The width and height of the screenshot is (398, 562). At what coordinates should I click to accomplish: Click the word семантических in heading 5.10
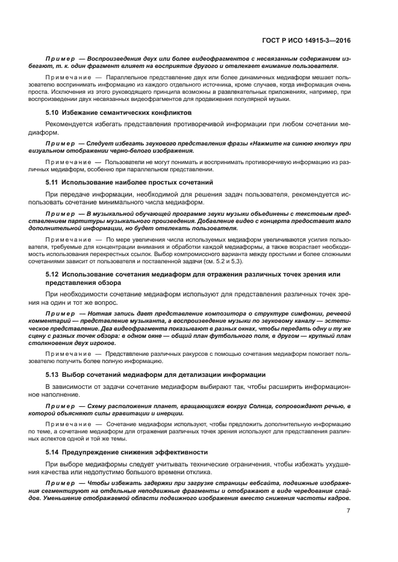coord(133,112)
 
